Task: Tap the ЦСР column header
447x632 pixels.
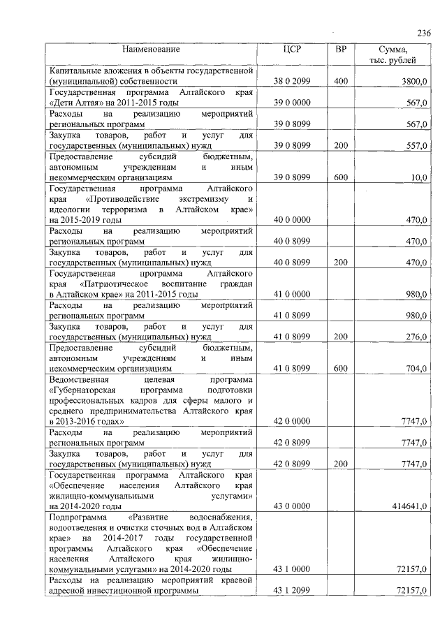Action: [x=292, y=50]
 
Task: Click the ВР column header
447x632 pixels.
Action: [x=341, y=50]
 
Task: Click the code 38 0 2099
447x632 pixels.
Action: [x=292, y=82]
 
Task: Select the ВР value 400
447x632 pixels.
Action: [x=341, y=82]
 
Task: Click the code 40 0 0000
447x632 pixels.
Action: [x=292, y=220]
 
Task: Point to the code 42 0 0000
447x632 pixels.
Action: [x=292, y=421]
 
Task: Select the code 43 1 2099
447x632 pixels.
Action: [x=292, y=590]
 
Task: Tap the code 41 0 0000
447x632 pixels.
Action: [x=292, y=294]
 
